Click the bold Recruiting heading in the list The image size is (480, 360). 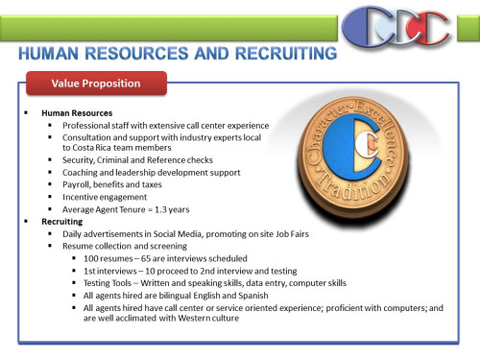[60, 221]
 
